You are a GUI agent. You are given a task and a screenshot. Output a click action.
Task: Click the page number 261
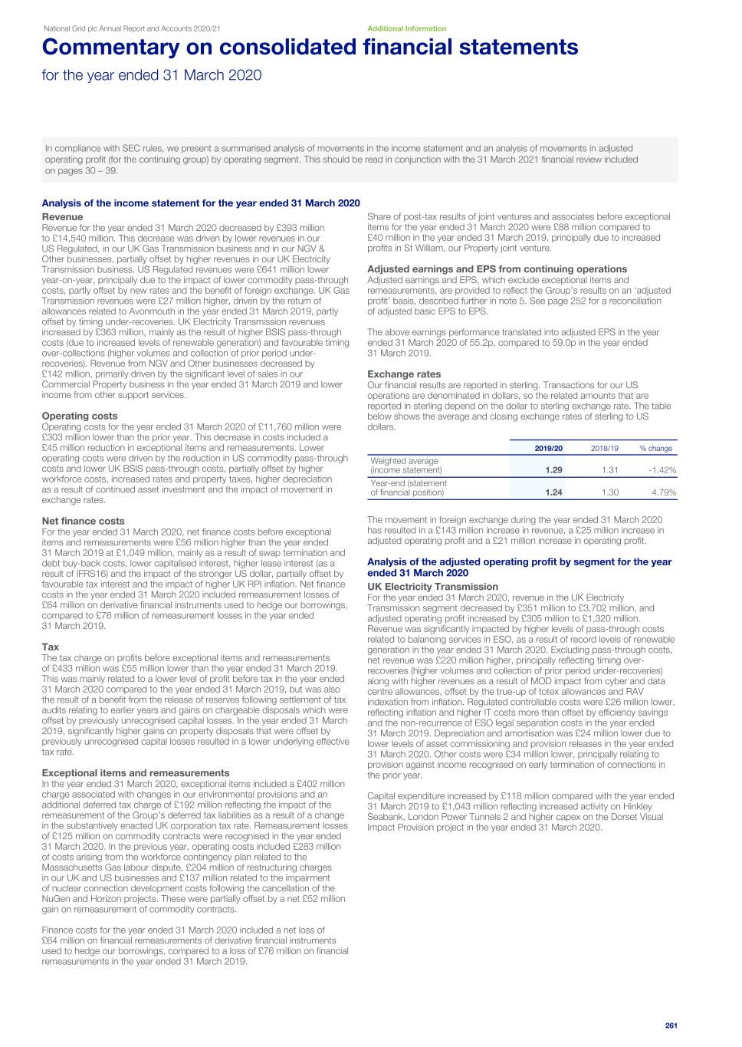coord(671,1025)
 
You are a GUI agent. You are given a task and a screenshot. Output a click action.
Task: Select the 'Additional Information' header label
coord(406,28)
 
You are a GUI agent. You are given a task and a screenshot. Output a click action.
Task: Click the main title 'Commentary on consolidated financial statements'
coord(310,48)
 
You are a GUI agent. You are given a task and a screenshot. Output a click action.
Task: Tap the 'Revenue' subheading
coord(62,217)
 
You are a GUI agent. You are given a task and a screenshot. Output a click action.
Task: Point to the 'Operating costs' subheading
coord(80,416)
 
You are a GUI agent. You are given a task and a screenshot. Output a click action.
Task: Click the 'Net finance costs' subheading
coord(83,521)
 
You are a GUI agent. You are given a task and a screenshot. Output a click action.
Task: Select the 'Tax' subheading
coord(50,647)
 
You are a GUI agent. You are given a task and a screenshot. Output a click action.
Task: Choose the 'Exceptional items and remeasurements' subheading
coord(135,772)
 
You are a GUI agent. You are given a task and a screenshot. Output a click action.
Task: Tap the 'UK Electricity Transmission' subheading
coord(432,587)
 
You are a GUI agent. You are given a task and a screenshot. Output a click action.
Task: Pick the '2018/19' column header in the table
coord(604,448)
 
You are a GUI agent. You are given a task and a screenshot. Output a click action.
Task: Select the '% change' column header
coord(655,448)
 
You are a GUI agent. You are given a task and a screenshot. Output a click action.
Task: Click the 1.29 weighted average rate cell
coord(553,469)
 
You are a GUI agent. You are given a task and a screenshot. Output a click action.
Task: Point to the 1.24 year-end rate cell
coord(553,492)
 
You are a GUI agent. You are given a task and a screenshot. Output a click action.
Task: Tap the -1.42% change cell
coord(662,469)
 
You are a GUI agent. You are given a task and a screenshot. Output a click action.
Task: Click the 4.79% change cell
coord(664,492)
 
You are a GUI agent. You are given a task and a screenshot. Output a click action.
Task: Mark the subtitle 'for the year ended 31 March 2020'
coord(151,75)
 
